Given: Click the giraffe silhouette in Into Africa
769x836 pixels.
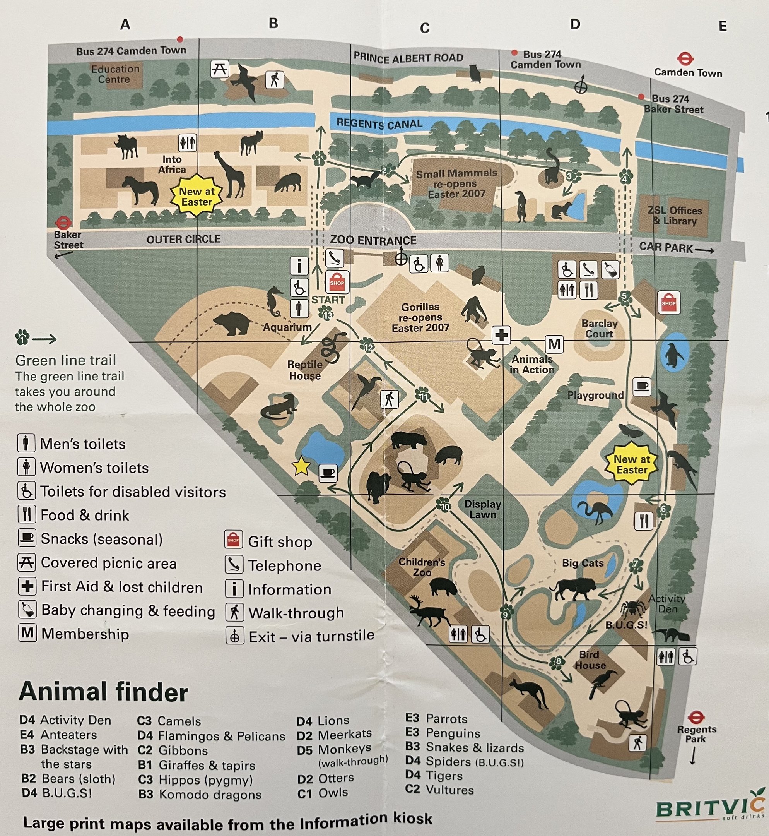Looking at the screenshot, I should (x=231, y=175).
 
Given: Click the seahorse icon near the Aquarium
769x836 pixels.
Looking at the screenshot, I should (x=275, y=301).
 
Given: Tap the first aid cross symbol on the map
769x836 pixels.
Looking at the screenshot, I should (x=501, y=335).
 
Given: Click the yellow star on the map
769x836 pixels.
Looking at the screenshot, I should (x=301, y=466).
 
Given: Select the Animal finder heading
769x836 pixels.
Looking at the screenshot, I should (x=104, y=692).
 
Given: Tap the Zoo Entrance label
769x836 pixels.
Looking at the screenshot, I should (x=373, y=240).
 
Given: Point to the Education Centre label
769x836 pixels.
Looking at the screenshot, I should (x=115, y=74).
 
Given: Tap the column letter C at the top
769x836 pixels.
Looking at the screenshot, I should (x=424, y=28).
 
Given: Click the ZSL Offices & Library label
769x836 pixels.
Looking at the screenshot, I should (x=675, y=216).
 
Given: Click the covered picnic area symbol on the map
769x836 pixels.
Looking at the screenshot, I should (x=219, y=69).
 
